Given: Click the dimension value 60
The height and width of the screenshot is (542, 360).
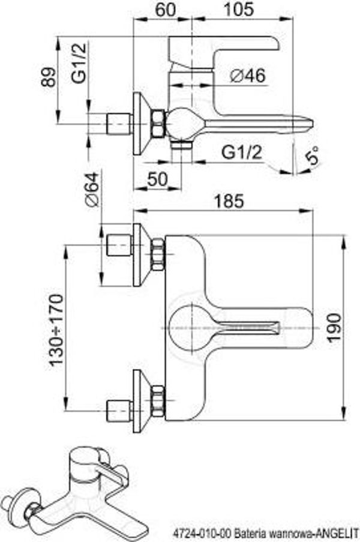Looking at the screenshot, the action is (165, 10).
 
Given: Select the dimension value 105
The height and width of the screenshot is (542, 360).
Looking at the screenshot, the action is (239, 10).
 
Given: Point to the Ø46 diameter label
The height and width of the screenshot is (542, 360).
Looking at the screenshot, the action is (248, 76).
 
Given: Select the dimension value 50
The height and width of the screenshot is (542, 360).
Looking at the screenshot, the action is (157, 179).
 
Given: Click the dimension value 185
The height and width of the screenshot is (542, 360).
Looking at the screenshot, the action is (229, 201).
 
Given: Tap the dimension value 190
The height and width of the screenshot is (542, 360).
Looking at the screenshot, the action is (334, 327).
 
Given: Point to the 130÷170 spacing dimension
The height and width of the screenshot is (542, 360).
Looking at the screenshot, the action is (56, 330).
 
